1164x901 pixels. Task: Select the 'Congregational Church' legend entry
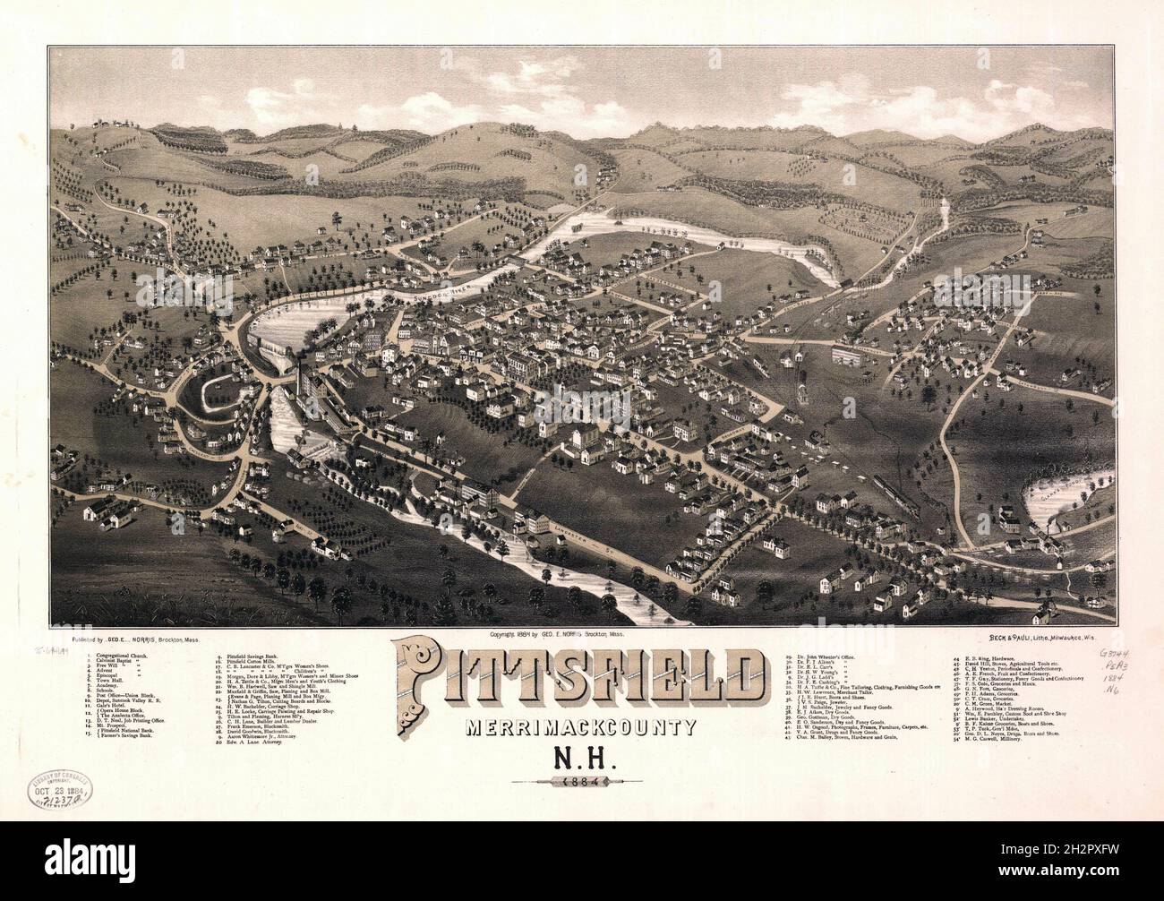coord(125,656)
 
